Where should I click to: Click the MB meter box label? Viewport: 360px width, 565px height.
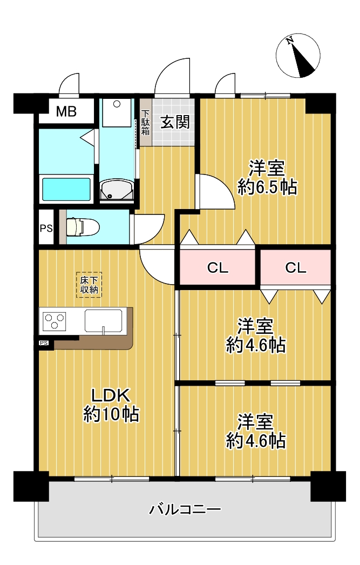66,111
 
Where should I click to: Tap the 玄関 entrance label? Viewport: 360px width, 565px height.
174,122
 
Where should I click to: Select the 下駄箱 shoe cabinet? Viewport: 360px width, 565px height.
145,122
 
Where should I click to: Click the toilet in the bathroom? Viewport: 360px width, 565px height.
83,227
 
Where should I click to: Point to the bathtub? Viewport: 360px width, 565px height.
66,189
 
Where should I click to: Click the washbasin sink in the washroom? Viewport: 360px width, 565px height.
117,190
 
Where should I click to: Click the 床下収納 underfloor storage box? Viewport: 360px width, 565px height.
89,285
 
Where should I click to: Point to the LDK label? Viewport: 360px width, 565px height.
110,395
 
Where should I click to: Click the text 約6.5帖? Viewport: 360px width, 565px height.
267,187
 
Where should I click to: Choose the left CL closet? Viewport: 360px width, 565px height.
218,267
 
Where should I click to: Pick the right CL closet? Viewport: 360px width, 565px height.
296,267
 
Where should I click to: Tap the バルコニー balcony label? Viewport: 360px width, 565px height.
185,509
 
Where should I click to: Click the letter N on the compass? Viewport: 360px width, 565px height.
289,41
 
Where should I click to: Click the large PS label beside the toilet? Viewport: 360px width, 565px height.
46,228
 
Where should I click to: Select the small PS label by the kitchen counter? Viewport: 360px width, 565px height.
44,342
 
